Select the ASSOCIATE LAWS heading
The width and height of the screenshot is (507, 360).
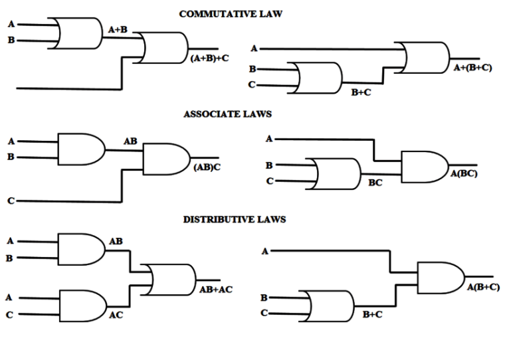click(227, 114)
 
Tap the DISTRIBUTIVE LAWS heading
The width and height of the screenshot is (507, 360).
click(235, 220)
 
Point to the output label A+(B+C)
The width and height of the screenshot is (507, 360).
click(472, 68)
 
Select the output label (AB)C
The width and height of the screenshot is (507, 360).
click(207, 167)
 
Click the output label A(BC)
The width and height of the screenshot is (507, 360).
click(463, 174)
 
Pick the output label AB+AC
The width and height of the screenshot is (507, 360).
click(215, 290)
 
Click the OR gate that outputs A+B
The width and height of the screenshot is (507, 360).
click(74, 33)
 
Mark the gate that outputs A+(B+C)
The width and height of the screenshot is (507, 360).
click(425, 58)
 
